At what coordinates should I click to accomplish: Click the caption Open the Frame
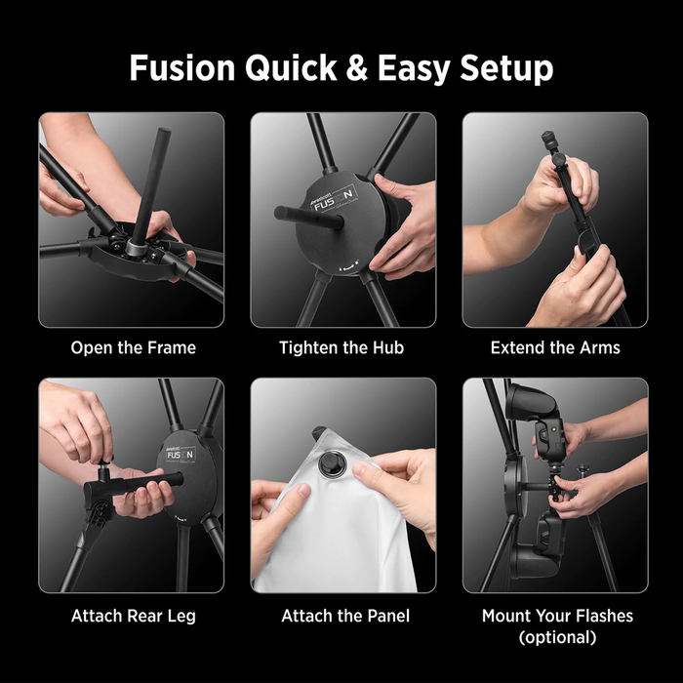[133, 347]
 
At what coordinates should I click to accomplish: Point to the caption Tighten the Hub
[341, 347]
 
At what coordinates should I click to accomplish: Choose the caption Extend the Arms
[555, 347]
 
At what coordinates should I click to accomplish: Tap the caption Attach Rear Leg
[132, 616]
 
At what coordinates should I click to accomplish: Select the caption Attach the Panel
[345, 616]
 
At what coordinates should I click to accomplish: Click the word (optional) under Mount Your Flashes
[557, 638]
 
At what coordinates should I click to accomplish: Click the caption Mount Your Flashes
[557, 616]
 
